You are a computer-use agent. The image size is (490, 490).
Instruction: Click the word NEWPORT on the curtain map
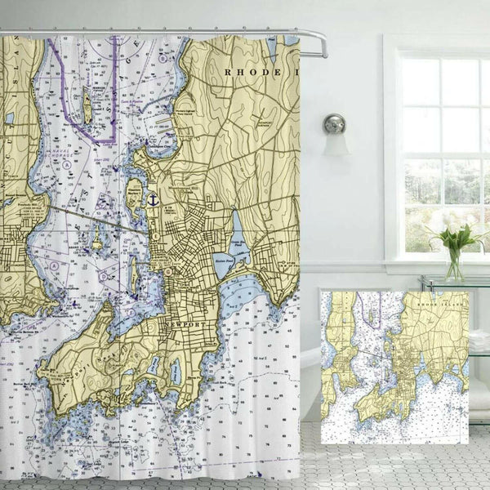185,324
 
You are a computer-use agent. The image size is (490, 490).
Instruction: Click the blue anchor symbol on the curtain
151,198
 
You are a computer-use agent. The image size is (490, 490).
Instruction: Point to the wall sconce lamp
334,135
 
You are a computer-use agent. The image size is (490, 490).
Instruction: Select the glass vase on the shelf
453,265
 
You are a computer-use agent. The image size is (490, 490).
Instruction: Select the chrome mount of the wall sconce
334,123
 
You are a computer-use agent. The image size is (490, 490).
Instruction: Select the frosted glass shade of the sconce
335,145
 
